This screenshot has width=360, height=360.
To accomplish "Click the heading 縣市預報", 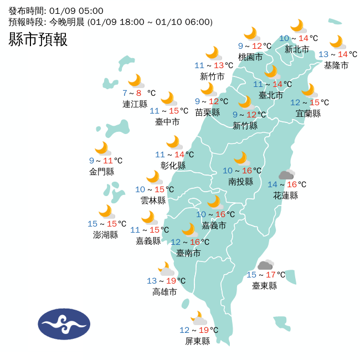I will click(38, 39).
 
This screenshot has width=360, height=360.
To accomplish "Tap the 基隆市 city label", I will click(336, 65).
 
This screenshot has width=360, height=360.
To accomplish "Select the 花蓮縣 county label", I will click(285, 196).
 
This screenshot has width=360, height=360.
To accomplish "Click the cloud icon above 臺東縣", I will click(266, 265).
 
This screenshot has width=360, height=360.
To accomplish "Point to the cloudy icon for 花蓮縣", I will click(286, 175).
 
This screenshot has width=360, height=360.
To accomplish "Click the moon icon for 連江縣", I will click(135, 81).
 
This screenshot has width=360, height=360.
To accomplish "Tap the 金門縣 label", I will click(101, 172).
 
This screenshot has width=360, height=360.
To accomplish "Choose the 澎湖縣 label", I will click(105, 235).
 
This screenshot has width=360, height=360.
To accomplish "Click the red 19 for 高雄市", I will click(171, 281).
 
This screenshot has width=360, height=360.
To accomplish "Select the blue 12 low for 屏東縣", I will click(184, 330).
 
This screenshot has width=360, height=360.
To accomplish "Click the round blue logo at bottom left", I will click(64, 324).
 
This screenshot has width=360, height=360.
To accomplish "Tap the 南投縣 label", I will click(240, 182).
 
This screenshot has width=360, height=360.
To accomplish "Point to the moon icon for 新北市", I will click(298, 25).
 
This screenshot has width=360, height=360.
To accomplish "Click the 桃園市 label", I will click(250, 57).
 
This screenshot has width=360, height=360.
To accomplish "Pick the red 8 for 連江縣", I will click(138, 93).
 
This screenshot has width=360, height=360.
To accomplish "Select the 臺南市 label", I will click(188, 253).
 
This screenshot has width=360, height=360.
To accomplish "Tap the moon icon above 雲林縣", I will click(153, 177).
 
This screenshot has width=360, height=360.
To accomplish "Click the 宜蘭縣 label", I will click(308, 114).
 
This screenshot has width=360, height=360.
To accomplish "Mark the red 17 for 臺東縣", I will click(270, 275).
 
